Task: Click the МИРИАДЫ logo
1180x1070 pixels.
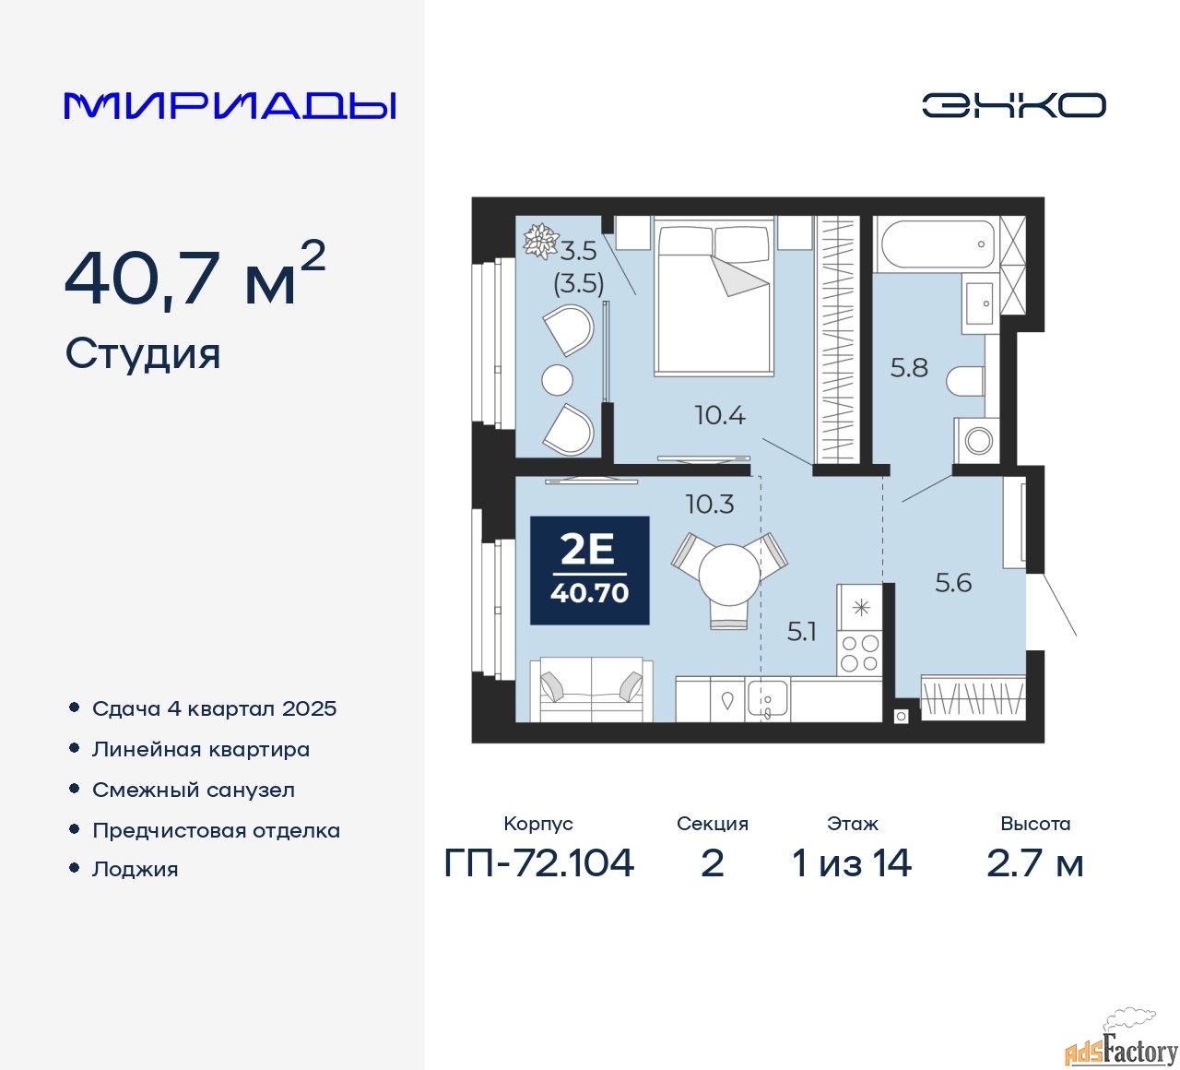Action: (230, 106)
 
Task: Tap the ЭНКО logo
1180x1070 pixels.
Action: (1013, 105)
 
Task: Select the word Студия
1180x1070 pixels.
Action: (143, 354)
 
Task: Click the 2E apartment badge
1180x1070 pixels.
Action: (589, 570)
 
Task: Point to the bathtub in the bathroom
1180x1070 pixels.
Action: (936, 244)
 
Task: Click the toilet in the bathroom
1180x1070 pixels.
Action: (966, 381)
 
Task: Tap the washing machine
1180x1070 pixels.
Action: (976, 440)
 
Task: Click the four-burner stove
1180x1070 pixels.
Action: (859, 653)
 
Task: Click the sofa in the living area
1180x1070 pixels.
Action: (591, 690)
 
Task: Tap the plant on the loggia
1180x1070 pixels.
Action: (540, 241)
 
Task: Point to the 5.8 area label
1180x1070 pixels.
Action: (909, 368)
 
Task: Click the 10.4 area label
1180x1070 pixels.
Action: (720, 415)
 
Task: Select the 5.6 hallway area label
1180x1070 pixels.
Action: (953, 583)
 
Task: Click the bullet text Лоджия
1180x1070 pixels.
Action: (135, 869)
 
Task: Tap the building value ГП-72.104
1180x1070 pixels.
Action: (538, 863)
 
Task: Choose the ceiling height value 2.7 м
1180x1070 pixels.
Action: (1034, 863)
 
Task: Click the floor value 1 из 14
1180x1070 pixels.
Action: (852, 863)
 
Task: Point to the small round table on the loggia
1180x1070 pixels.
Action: (557, 380)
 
